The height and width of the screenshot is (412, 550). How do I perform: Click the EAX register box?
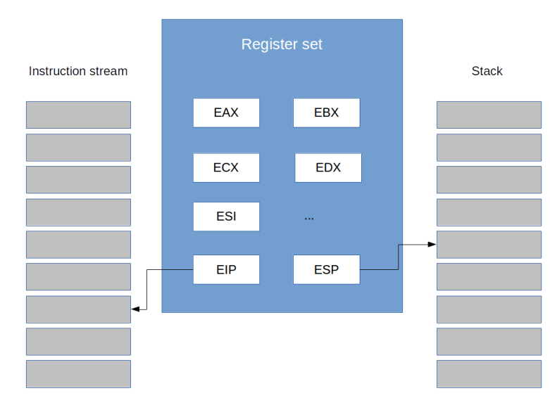click(x=226, y=112)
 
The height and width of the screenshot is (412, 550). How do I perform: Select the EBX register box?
click(x=327, y=112)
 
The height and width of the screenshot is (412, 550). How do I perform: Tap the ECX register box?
click(x=226, y=167)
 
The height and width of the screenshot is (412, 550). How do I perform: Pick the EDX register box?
click(x=328, y=167)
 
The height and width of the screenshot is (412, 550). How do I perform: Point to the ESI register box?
click(x=226, y=217)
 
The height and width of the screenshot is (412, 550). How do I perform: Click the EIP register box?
click(x=226, y=269)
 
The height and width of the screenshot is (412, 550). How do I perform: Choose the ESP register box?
click(x=326, y=269)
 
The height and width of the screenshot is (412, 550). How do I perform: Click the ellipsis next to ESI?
click(x=309, y=217)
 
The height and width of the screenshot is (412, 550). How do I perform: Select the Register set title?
click(x=282, y=44)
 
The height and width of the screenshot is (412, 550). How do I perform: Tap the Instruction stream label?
click(x=77, y=71)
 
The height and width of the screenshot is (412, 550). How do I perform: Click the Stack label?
click(x=487, y=71)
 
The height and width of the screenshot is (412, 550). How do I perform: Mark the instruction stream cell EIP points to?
click(x=78, y=309)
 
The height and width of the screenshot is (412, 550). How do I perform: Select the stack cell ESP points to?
click(x=489, y=245)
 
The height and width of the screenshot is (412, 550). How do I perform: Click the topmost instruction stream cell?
click(x=78, y=115)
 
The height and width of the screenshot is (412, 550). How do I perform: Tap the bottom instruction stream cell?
click(x=78, y=374)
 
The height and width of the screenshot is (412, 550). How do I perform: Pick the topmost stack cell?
click(x=489, y=115)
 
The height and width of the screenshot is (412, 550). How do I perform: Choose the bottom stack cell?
click(x=489, y=374)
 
